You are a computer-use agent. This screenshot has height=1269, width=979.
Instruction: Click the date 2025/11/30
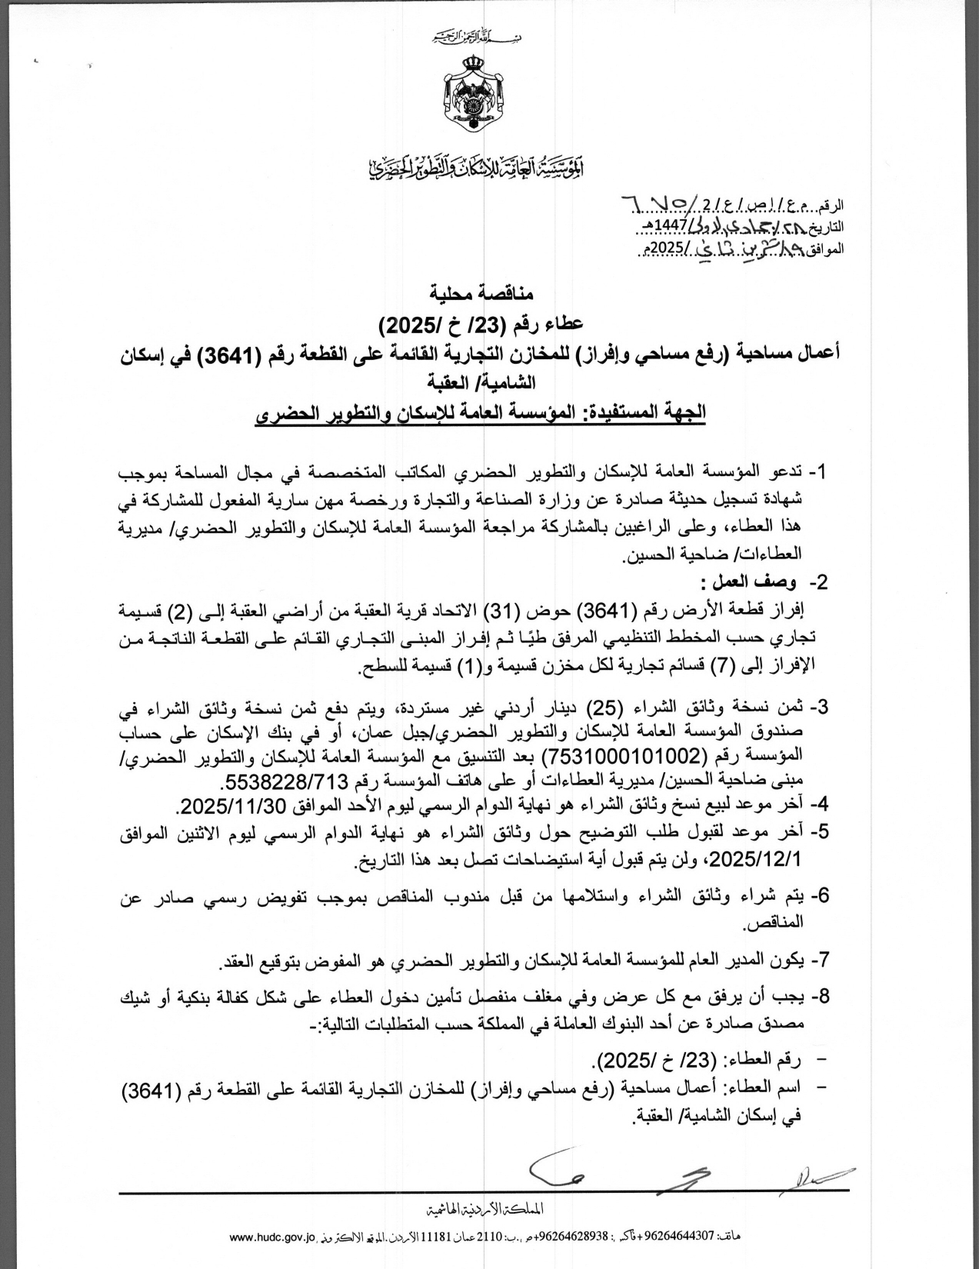click(x=231, y=806)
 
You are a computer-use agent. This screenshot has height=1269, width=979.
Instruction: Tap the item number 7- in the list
click(x=819, y=960)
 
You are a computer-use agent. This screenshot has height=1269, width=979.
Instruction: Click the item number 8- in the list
click(x=819, y=997)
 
